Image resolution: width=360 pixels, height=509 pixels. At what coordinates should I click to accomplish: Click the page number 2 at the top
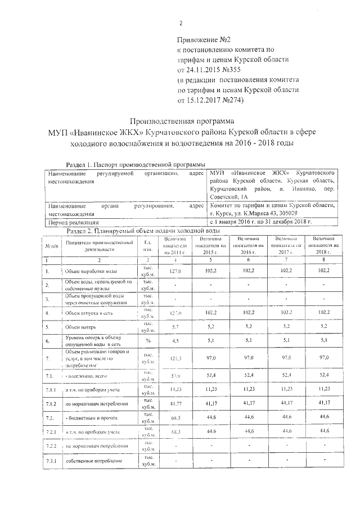[181, 23]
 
